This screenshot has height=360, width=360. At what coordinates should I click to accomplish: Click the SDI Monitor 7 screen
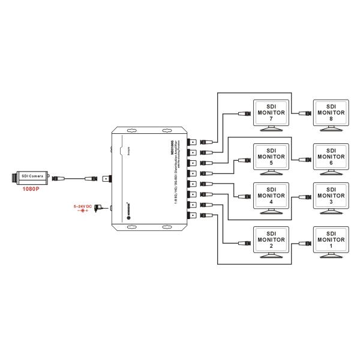[271, 113]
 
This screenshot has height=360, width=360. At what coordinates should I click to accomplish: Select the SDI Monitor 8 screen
[330, 113]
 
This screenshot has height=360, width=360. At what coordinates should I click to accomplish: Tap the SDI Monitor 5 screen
[271, 158]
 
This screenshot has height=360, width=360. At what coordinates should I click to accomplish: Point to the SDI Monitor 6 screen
[330, 158]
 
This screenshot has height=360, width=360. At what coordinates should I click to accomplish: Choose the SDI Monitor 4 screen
[271, 196]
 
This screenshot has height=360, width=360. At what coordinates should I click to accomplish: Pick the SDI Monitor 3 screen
[330, 196]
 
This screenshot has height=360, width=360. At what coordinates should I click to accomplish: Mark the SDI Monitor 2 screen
[271, 241]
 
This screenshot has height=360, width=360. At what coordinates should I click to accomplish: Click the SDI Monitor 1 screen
[330, 241]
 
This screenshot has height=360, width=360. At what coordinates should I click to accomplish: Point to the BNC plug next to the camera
[59, 178]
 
